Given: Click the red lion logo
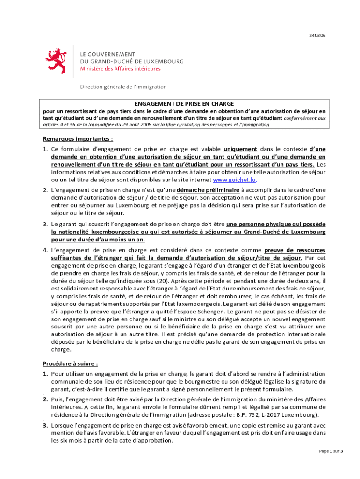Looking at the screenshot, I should (56, 62).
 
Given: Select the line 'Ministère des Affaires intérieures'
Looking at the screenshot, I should (120, 69).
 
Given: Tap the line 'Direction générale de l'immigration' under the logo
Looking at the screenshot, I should (123, 87).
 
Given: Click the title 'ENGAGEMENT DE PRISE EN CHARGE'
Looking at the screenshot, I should (184, 104).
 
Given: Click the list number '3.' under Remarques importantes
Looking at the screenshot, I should (45, 224).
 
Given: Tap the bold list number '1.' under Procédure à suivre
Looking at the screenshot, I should (45, 374).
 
